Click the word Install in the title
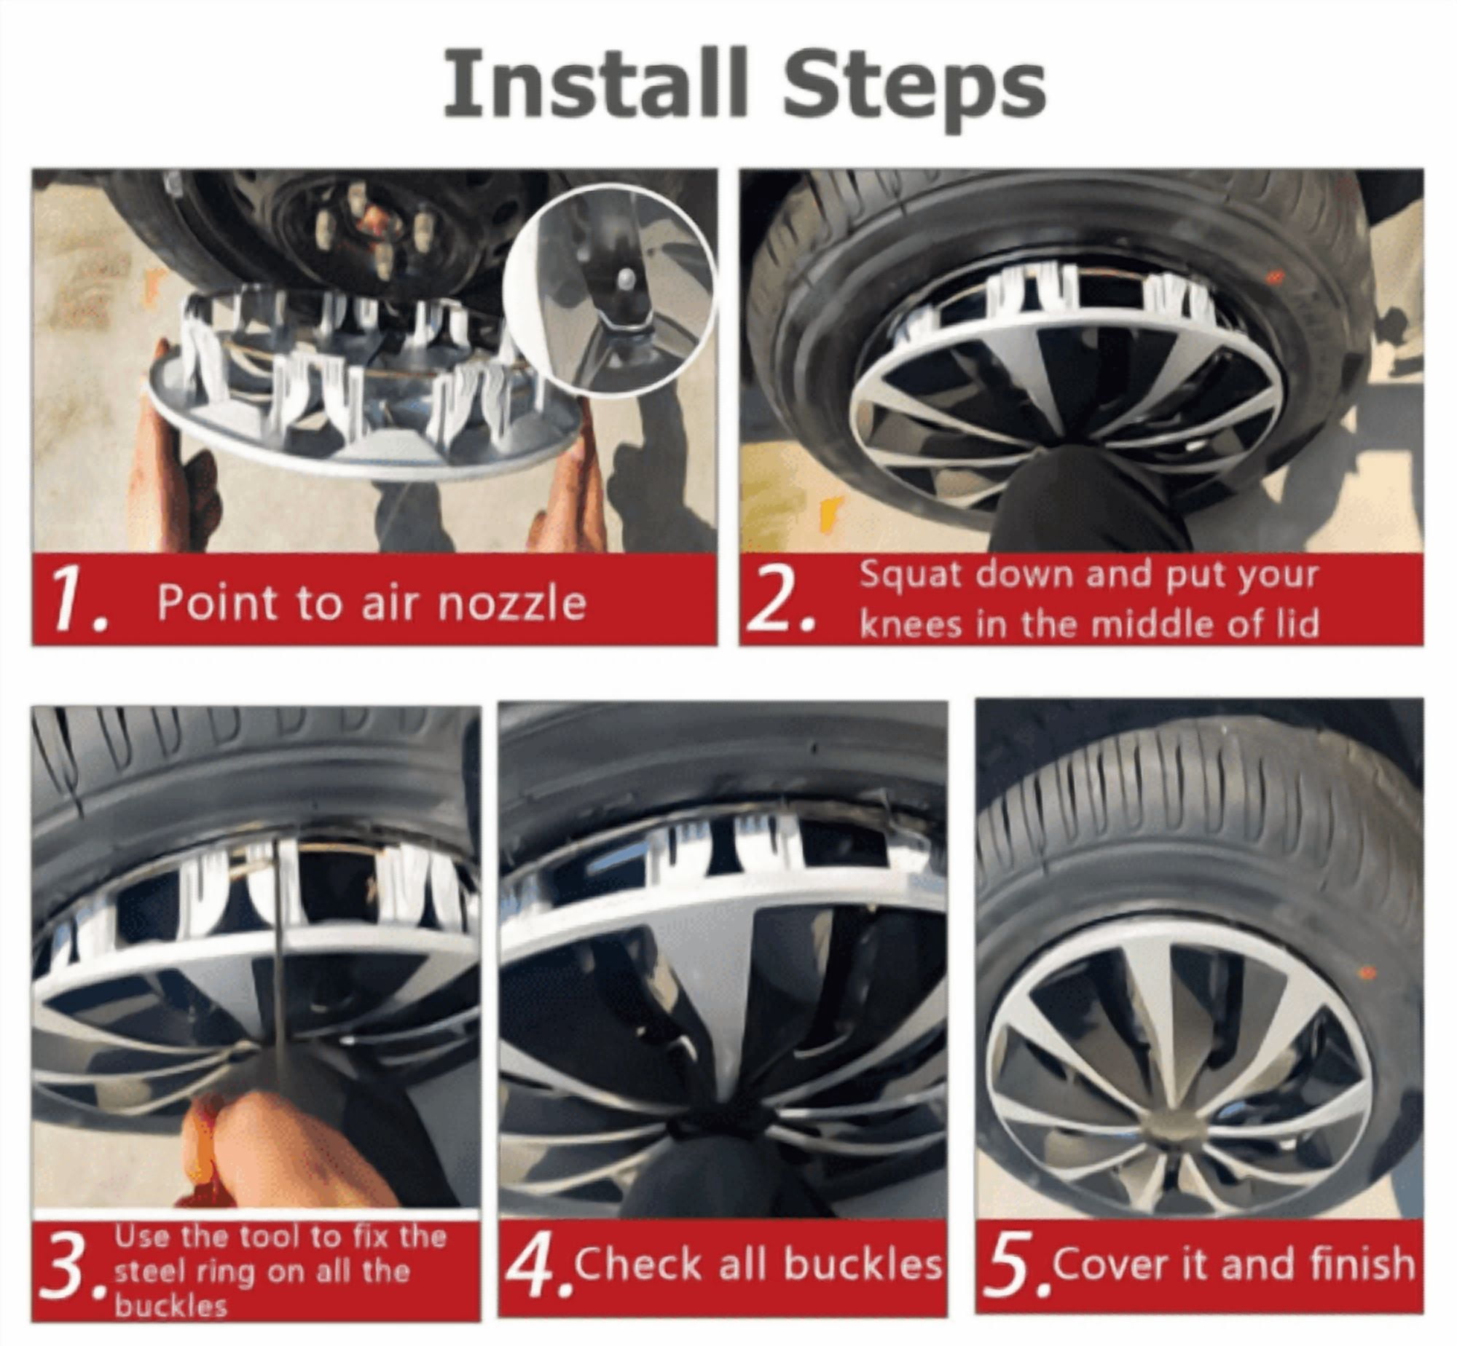[595, 82]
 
